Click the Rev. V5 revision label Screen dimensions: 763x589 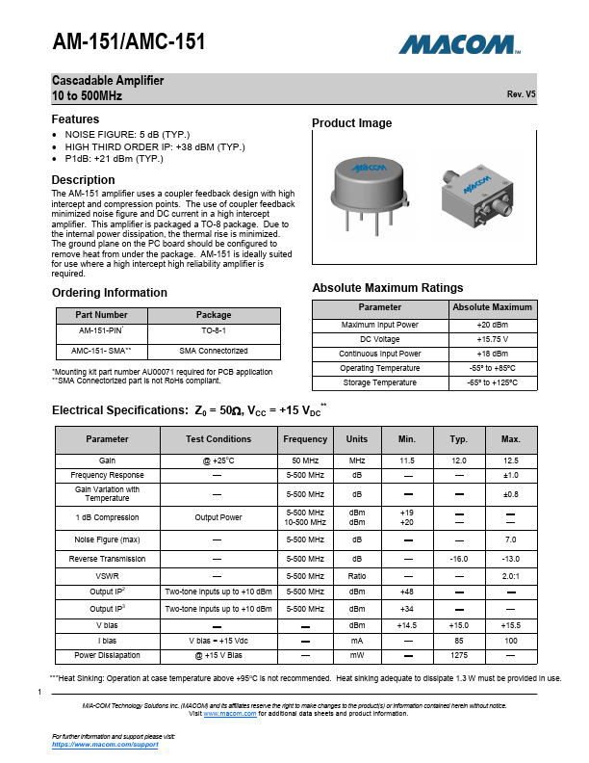pos(521,94)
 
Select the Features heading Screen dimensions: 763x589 pos(75,119)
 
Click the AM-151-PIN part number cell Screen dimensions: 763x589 pos(103,329)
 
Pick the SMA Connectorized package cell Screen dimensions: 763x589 pos(213,351)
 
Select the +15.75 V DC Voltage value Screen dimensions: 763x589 pos(492,339)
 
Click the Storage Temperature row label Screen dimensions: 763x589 pos(380,382)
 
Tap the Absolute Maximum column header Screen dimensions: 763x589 pos(492,307)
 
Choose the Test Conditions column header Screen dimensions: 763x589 pos(218,439)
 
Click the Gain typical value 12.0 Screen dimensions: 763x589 pos(458,460)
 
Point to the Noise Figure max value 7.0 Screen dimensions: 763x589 pos(510,539)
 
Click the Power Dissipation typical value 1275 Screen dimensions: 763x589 pos(458,655)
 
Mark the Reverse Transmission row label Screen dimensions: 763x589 pos(107,559)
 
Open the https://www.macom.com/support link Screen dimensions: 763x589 pos(104,745)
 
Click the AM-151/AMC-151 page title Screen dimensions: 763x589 pos(128,41)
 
